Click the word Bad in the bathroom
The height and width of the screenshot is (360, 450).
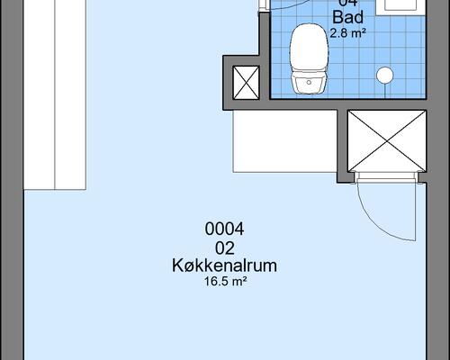point(347,18)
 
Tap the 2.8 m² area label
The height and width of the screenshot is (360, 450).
point(347,33)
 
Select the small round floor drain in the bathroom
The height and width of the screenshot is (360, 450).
point(384,75)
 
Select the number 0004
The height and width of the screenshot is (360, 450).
point(224,229)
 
